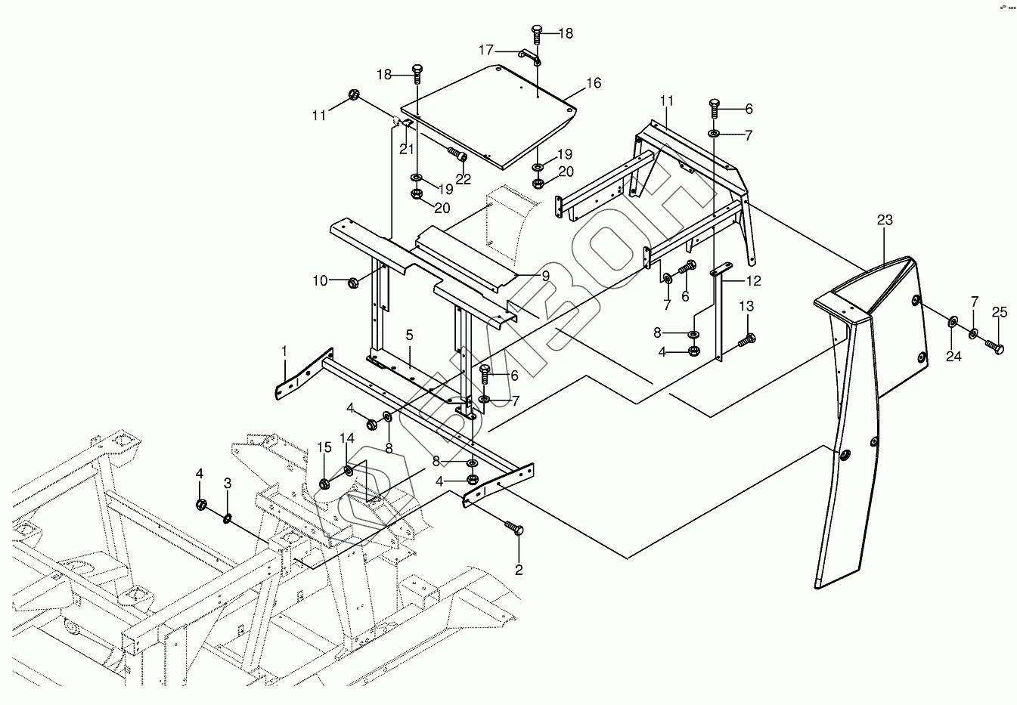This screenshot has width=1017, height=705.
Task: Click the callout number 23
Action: pos(885,220)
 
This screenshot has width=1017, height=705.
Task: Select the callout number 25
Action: pos(1000,312)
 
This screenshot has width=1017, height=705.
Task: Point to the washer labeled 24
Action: pos(952,323)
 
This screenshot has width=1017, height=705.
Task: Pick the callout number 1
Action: pos(284,351)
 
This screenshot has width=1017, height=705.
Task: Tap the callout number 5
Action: pos(409,333)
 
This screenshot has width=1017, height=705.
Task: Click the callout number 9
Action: pos(545,276)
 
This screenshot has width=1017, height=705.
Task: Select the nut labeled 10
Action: pos(353,283)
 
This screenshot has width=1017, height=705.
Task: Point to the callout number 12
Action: pos(753,281)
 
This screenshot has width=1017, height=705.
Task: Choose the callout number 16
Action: pos(594,83)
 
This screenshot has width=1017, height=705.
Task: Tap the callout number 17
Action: pos(485,50)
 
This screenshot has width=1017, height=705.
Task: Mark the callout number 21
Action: pos(407,148)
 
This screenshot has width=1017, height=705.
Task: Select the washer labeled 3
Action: pos(227,518)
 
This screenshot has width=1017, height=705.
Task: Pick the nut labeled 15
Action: pos(324,484)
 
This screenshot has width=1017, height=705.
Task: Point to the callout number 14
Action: pos(346,438)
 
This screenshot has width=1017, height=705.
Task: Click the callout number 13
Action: pos(746,306)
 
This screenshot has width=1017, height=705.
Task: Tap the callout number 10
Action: pos(320,281)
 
